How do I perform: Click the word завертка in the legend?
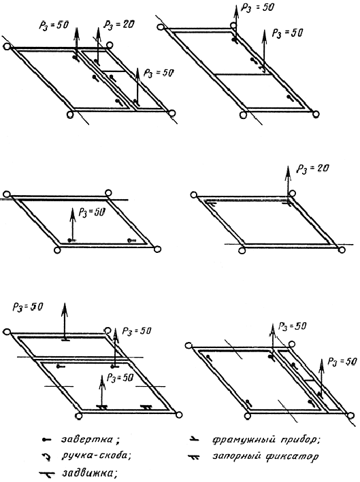coord(87,440)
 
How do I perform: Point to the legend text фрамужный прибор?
coord(265,440)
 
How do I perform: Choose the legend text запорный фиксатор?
coord(265,456)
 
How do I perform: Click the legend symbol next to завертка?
coord(46,441)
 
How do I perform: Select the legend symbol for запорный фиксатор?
coord(194,457)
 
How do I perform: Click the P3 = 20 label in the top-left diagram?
coord(119,24)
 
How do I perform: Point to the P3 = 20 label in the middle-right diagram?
coord(312,169)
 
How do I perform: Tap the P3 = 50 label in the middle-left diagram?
coord(92,212)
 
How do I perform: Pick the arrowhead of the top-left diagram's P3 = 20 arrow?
coord(98,32)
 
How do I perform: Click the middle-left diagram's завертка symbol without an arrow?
coord(131,240)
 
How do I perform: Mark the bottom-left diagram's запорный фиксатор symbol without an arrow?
coord(146,407)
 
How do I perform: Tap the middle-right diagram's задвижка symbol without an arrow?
coord(211,203)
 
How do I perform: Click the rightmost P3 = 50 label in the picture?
coord(342,362)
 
